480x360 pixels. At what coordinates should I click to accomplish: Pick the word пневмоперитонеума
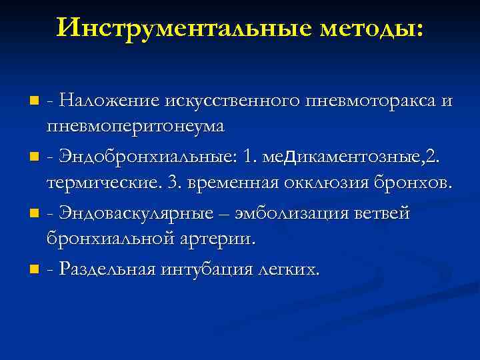135,126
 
